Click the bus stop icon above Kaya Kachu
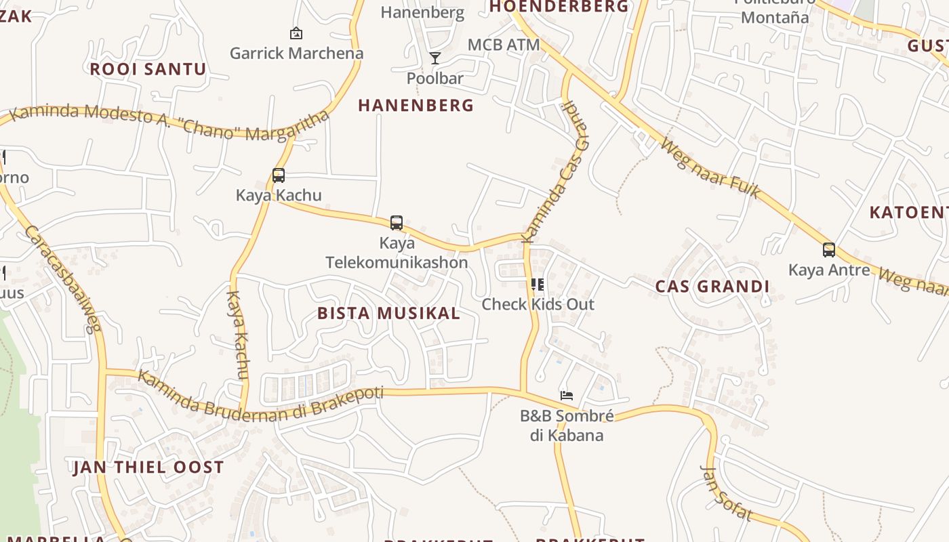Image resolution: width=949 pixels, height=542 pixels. pyautogui.click(x=278, y=175)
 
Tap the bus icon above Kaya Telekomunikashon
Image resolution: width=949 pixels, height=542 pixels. pyautogui.click(x=397, y=222)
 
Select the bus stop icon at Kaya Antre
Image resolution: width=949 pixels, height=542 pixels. pyautogui.click(x=828, y=250)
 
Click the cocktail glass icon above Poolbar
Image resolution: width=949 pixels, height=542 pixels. pyautogui.click(x=435, y=58)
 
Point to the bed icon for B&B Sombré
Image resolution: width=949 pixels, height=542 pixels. pyautogui.click(x=567, y=395)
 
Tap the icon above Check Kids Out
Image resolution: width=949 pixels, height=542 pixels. pyautogui.click(x=538, y=285)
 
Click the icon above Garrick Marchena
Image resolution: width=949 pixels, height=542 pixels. pyautogui.click(x=296, y=33)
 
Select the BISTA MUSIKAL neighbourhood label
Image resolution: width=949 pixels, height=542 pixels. pyautogui.click(x=388, y=313)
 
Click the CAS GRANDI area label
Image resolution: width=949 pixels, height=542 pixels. pyautogui.click(x=712, y=287)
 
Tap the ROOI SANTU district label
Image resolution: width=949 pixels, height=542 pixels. pyautogui.click(x=148, y=69)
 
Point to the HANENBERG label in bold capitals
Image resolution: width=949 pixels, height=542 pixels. pyautogui.click(x=416, y=106)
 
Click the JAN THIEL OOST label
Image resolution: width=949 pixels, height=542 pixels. pyautogui.click(x=148, y=467)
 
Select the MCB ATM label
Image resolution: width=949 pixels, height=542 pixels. pyautogui.click(x=504, y=45)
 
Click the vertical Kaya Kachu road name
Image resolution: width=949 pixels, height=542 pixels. pyautogui.click(x=238, y=335)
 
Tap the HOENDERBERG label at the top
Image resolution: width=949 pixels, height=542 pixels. pyautogui.click(x=559, y=7)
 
